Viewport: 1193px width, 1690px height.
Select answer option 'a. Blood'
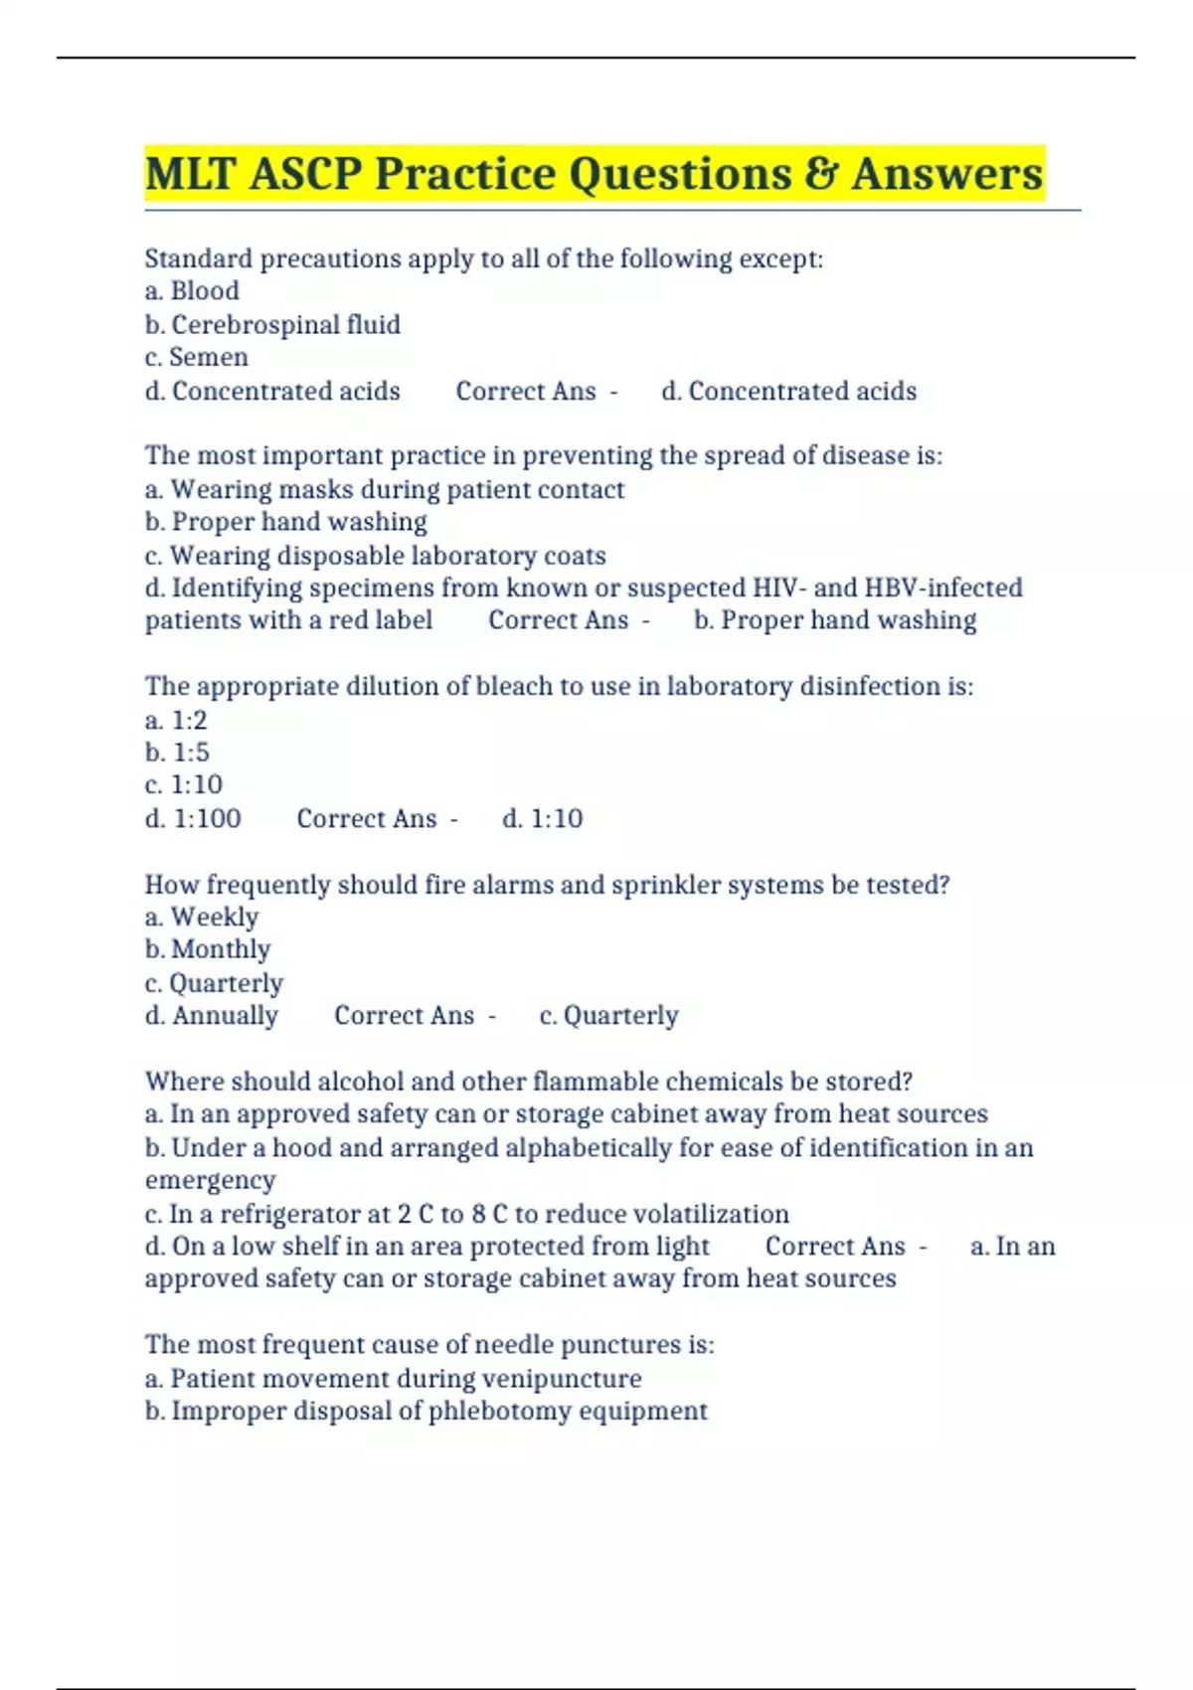coord(192,291)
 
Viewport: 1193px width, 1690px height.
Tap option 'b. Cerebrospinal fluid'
coord(272,325)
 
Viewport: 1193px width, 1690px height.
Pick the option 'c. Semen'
coord(196,357)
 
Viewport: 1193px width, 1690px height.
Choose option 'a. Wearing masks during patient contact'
coord(385,489)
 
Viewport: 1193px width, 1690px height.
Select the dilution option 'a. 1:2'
coord(176,720)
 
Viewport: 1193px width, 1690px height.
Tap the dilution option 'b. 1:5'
coord(177,753)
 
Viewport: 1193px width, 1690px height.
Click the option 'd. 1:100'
coord(193,818)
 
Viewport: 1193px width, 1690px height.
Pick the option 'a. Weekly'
coord(202,917)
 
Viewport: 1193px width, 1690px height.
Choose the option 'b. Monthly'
coord(208,949)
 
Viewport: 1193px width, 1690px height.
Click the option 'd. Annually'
coord(212,1015)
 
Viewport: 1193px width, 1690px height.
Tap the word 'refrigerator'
coord(304,1214)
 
